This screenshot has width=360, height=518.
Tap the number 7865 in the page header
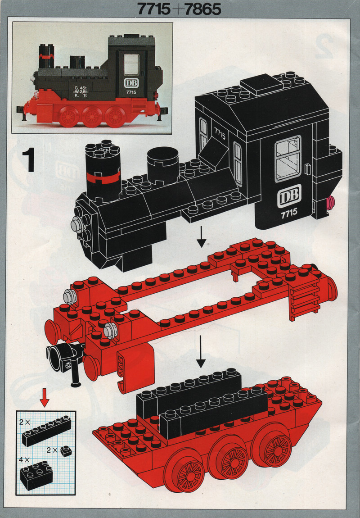pyautogui.click(x=201, y=9)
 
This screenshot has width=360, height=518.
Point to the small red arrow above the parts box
pyautogui.click(x=45, y=398)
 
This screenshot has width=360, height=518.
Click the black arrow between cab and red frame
pyautogui.click(x=201, y=237)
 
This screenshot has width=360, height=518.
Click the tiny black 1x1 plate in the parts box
pyautogui.click(x=66, y=450)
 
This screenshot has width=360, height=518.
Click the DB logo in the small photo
pyautogui.click(x=131, y=82)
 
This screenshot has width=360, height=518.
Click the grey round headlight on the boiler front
pyautogui.click(x=77, y=224)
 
